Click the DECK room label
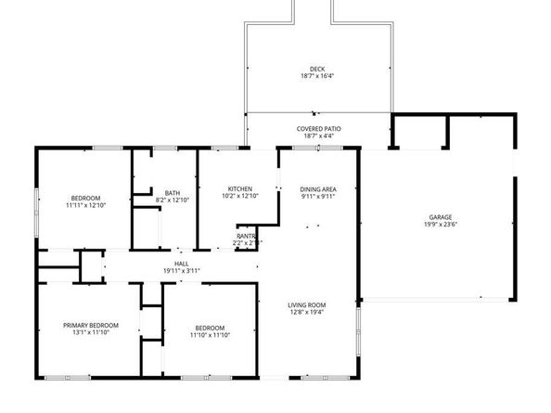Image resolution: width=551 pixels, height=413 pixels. [317, 69]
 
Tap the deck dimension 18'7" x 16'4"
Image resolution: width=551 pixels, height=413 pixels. [317, 77]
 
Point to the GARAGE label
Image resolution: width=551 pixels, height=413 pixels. [441, 217]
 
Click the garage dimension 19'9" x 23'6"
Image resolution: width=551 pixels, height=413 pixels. [441, 225]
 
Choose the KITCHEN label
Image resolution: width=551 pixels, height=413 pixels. [239, 188]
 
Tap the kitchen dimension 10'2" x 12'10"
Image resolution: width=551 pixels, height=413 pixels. [239, 196]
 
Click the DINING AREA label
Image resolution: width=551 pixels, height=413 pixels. [316, 188]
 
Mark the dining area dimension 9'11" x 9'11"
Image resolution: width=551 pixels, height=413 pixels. [316, 196]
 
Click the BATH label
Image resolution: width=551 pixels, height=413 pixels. [172, 192]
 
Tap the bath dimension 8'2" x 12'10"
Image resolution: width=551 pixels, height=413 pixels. [172, 200]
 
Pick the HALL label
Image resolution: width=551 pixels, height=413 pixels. [181, 263]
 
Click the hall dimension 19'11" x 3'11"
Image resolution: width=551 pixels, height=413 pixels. [181, 270]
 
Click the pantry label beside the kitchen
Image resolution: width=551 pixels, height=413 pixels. [246, 236]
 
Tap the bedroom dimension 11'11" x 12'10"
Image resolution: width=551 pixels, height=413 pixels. [87, 205]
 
